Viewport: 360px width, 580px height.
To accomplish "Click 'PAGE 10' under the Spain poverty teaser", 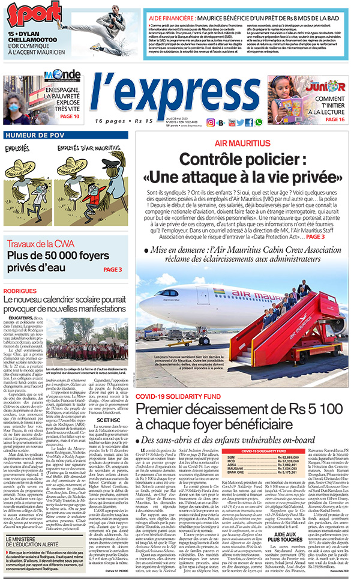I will coord(69,116).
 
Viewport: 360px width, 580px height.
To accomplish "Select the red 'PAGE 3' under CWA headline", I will coord(112,270).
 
